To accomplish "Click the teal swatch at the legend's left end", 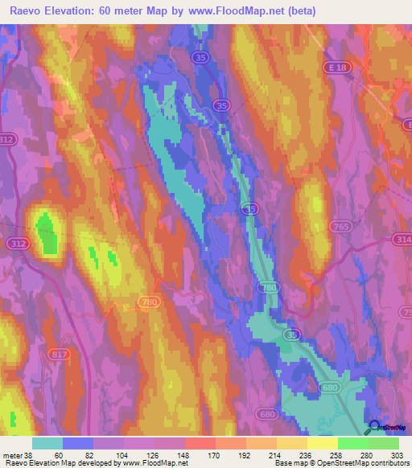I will coord(47,443).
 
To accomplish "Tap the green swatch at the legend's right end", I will coord(384,443).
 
